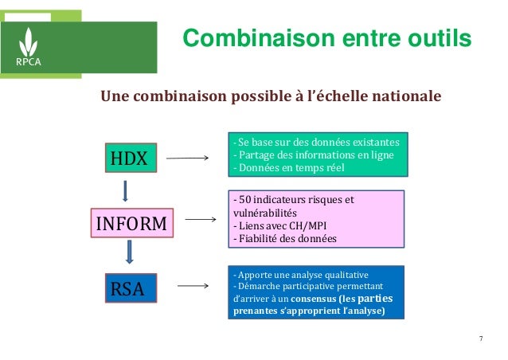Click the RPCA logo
[x=30, y=41]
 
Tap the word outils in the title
[x=435, y=37]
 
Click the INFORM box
[x=131, y=224]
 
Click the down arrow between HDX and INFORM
[x=125, y=191]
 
